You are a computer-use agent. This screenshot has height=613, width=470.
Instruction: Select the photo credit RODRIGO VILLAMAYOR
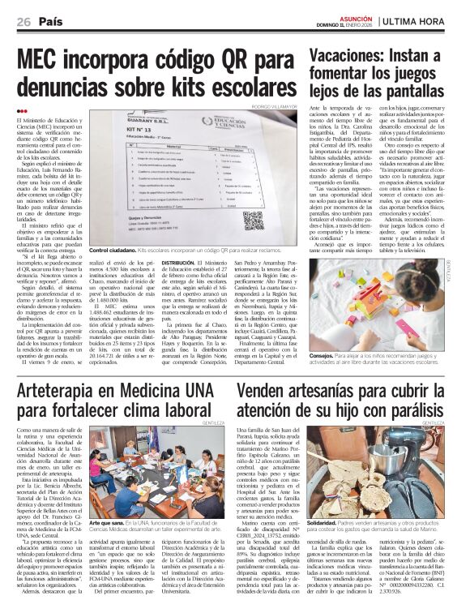coord(274,105)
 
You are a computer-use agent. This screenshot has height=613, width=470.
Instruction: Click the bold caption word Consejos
coord(324,356)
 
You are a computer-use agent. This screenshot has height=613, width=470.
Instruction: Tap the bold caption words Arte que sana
coord(108,524)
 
